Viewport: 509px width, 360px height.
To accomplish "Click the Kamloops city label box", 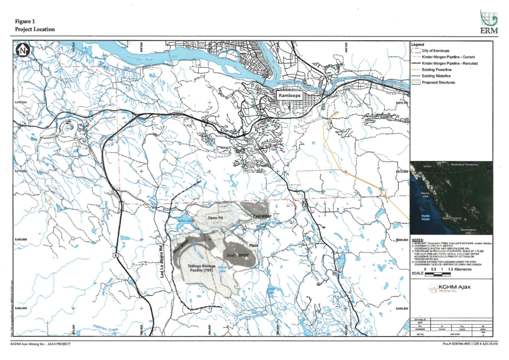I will point(291,95).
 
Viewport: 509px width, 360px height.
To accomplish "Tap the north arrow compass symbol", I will point(22,50).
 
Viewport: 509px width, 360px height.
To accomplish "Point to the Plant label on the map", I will point(254,246).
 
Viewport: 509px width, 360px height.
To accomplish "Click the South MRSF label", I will point(239,256).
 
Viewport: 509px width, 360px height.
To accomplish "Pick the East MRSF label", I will point(262,216).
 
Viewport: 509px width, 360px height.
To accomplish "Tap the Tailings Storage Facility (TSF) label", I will point(201,269).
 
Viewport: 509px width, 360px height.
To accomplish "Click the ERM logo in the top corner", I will point(487,22).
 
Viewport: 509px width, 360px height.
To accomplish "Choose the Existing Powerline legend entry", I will point(436,70).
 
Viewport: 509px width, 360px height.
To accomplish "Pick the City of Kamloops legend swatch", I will point(416,51).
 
